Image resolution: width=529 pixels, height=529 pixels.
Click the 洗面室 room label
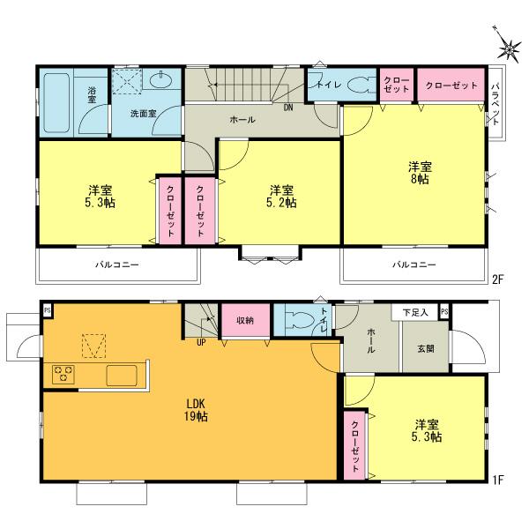pos(143,114)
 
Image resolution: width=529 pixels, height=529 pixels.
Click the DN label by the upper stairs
pos(288,108)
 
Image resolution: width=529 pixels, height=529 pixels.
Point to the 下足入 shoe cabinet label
pos(415,312)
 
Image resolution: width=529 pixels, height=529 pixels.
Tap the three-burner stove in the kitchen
pos(64,375)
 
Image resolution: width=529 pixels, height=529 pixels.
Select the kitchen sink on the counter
pos(123,375)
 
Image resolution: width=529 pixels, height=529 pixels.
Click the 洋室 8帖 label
pos(420,173)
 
